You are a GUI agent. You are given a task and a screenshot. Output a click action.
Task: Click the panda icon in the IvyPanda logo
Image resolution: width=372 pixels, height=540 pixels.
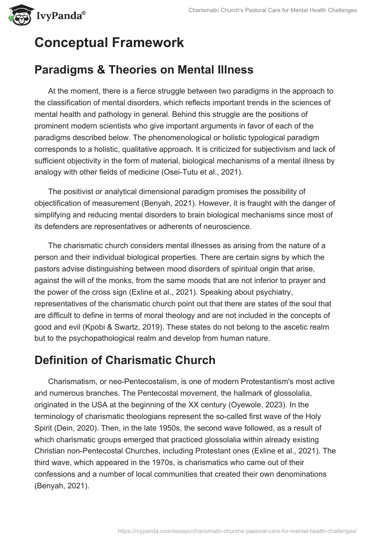[x=19, y=15]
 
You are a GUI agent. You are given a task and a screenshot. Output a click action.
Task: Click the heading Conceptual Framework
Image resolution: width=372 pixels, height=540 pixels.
[x=109, y=43]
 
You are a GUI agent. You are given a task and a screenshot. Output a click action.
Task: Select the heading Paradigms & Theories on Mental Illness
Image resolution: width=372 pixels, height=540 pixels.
[x=144, y=70]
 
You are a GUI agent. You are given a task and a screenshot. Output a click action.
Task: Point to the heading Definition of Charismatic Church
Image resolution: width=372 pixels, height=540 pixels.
[x=125, y=360]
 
